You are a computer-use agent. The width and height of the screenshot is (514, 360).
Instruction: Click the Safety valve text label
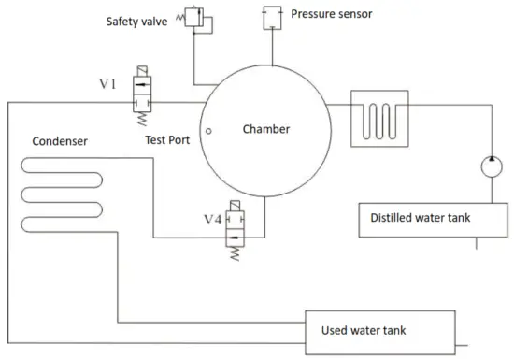coord(135,19)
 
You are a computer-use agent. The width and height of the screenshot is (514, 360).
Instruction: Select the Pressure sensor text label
coord(331,15)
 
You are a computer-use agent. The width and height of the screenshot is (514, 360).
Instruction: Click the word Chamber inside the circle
coord(265,129)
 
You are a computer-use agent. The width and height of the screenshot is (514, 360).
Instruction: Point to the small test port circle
coord(211,132)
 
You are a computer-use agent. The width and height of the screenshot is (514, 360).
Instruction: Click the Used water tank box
coord(382,328)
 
